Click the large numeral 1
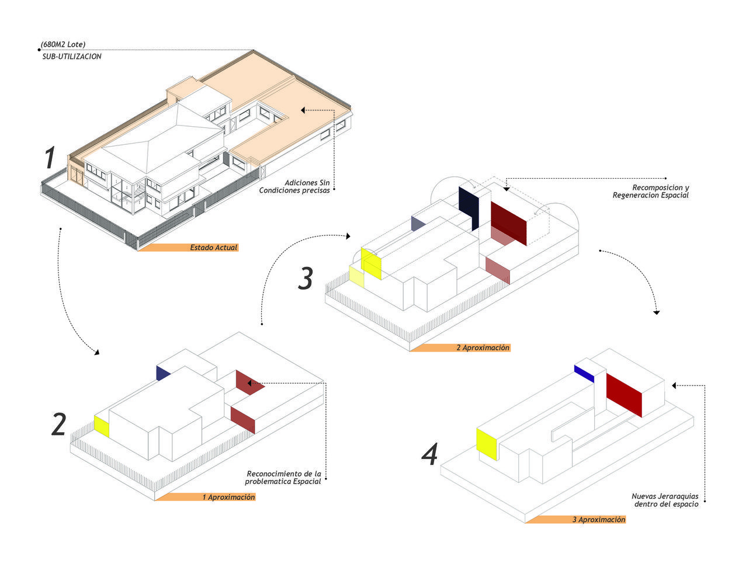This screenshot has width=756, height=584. (x=50, y=158)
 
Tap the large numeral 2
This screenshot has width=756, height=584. (x=59, y=424)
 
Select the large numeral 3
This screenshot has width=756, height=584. (x=306, y=278)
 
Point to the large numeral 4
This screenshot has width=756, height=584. (x=429, y=454)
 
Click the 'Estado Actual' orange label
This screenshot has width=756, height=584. (x=188, y=248)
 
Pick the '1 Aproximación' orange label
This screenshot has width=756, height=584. (x=205, y=497)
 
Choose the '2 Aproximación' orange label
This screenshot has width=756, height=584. (x=460, y=347)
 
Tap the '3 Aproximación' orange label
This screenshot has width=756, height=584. (x=575, y=519)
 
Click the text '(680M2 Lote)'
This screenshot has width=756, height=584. (x=63, y=44)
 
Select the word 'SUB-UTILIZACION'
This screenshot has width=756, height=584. (x=72, y=56)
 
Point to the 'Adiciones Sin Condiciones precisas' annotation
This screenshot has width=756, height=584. (x=294, y=186)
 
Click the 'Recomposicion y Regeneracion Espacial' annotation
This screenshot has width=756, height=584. (x=651, y=191)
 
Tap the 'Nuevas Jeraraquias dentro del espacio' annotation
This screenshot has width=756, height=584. (x=665, y=500)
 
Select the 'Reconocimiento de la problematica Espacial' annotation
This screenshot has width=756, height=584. (x=283, y=477)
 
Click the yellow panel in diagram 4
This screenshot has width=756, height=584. (x=487, y=444)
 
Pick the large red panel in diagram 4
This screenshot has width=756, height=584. (x=624, y=395)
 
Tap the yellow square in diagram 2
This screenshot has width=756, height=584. (x=102, y=426)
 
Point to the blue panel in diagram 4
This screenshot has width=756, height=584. (x=584, y=374)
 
